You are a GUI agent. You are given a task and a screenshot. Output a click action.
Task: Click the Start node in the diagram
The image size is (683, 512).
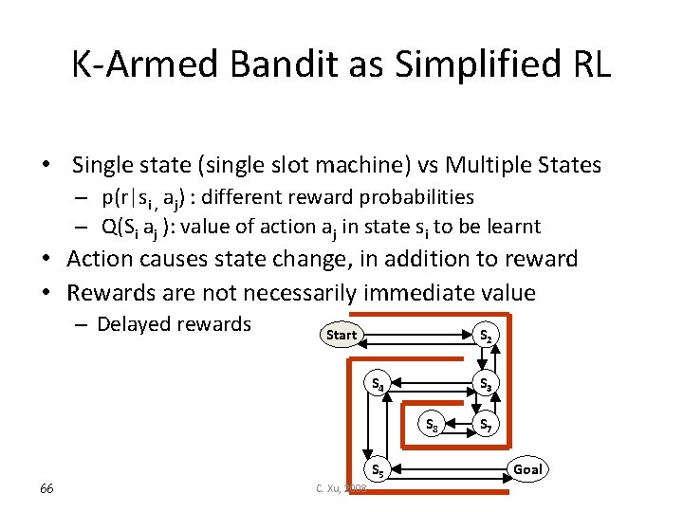click(341, 335)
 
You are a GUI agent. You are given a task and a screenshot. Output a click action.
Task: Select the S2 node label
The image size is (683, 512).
click(485, 335)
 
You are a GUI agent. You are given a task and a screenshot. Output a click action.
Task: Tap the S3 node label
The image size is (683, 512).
click(485, 384)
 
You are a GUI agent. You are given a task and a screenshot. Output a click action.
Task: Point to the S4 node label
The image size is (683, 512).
click(377, 384)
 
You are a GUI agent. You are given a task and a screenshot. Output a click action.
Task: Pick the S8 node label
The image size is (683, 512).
click(431, 424)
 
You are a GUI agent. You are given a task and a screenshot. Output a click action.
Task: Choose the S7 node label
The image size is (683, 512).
click(485, 424)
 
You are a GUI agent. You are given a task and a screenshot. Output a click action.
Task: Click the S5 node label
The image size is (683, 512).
click(377, 469)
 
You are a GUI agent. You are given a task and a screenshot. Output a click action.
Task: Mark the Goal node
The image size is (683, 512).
click(527, 469)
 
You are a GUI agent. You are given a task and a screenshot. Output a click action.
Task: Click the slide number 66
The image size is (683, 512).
click(46, 487)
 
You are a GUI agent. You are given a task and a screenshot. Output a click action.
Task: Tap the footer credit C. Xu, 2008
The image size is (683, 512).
click(341, 487)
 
